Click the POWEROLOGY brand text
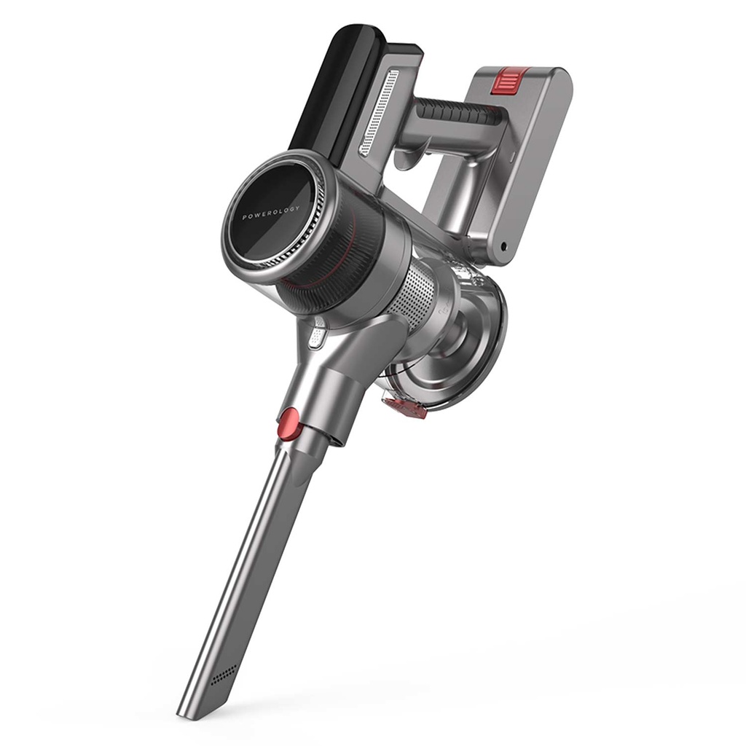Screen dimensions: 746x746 tap(271, 213)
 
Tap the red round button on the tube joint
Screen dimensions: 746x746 tap(288, 423)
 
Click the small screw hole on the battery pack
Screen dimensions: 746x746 tap(503, 247)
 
